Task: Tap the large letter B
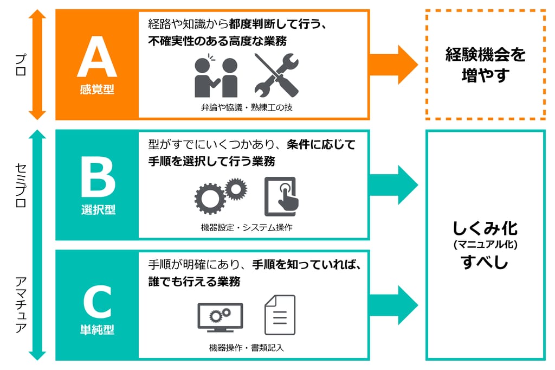tap(98, 178)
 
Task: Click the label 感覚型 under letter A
tap(97, 90)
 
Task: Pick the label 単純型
tap(98, 329)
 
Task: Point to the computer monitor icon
tap(220, 318)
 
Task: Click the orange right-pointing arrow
tap(393, 64)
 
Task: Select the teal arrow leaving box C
tap(393, 305)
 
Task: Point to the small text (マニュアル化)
tap(486, 245)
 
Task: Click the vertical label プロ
tap(20, 65)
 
